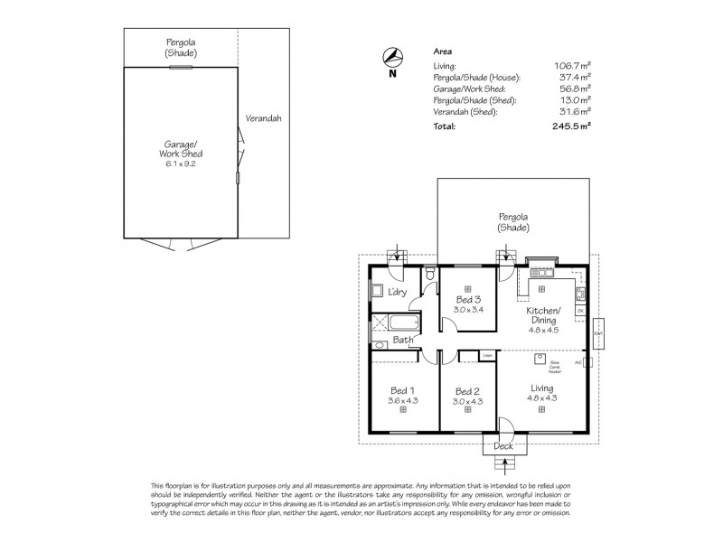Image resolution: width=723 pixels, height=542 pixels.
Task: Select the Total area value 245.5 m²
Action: pos(572,126)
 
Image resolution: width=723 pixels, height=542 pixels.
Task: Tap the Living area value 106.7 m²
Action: pos(572,66)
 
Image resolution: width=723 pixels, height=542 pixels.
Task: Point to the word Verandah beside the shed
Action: pos(264,118)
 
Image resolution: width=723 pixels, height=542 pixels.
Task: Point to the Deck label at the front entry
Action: pos(504,446)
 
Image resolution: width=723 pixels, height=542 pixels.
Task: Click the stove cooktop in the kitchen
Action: pos(581,293)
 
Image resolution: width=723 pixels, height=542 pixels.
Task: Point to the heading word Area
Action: pos(444,52)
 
